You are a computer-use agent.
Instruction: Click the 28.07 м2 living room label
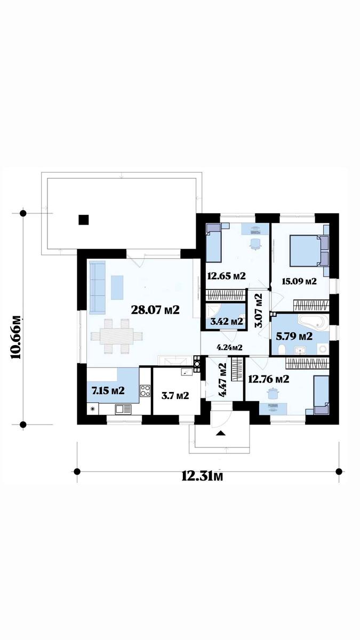155,310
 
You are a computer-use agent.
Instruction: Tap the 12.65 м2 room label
226,276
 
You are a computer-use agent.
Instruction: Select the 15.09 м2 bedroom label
299,282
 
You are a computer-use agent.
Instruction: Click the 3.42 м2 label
227,321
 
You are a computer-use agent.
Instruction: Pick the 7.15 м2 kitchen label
108,390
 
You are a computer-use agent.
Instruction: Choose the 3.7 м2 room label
175,395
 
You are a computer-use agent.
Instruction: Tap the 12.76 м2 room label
269,379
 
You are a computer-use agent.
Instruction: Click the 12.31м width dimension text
202,476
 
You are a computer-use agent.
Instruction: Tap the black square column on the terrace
84,220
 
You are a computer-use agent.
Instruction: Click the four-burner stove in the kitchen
145,390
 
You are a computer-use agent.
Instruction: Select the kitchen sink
123,410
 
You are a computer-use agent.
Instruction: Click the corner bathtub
313,322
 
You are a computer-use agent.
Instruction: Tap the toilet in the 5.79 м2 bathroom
282,349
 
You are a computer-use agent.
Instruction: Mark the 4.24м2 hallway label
230,347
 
